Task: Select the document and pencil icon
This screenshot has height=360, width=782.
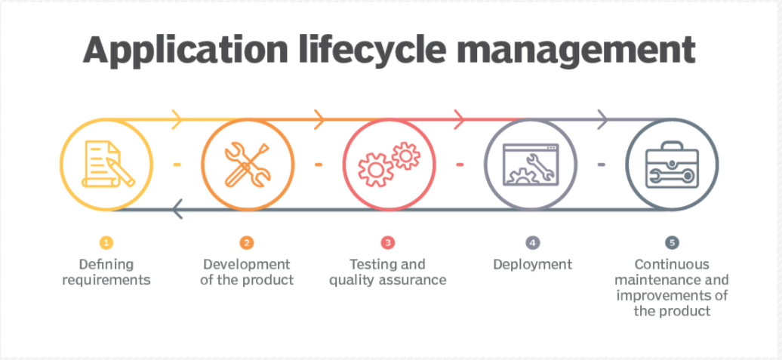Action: tap(108, 164)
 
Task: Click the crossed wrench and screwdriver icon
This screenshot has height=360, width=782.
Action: tap(248, 164)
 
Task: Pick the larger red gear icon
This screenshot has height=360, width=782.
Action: tap(375, 170)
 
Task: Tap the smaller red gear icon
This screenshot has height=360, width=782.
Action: tap(405, 155)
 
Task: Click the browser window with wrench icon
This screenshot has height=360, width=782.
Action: tap(531, 164)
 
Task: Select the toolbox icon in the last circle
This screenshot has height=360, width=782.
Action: tap(672, 165)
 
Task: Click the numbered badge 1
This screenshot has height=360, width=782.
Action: tap(106, 243)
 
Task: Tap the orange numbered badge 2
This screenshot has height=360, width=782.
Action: tap(246, 243)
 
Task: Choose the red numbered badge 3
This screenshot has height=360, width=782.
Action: tap(387, 243)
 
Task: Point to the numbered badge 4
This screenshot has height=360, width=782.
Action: tap(533, 243)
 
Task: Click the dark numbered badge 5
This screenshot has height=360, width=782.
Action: tap(673, 243)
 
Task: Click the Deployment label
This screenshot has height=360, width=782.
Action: tap(533, 265)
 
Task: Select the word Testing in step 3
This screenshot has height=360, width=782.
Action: tap(368, 264)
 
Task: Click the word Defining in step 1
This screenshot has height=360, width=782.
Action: tap(106, 264)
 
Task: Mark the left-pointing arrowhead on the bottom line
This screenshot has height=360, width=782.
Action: tap(177, 209)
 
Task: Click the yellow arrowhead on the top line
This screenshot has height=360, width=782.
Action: tap(177, 119)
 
